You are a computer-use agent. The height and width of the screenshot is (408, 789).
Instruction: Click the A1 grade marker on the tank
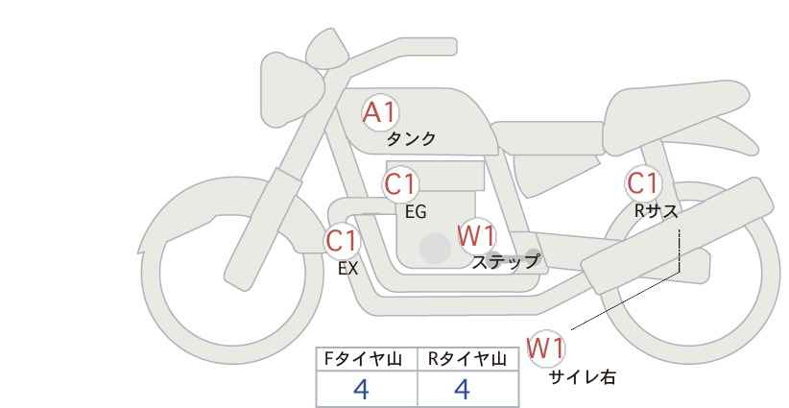pos(380,112)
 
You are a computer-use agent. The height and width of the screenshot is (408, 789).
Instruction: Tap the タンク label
pos(411,138)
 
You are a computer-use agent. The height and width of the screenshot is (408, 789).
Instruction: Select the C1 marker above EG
pos(400,184)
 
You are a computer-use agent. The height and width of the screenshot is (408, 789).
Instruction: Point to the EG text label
pos(416,212)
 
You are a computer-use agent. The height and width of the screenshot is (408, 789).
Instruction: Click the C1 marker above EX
pos(342,241)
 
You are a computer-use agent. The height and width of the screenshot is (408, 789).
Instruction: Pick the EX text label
pos(347,269)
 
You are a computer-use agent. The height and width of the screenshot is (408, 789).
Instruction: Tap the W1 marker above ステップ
pos(476,236)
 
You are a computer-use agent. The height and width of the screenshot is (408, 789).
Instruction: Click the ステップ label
pos(505,262)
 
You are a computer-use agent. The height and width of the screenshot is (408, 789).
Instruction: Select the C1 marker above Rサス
pos(642,183)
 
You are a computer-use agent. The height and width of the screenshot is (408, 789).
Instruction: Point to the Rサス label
pos(656,211)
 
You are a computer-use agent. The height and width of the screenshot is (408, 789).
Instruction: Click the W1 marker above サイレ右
pos(546,348)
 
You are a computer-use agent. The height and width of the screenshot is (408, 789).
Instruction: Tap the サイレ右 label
pos(583,377)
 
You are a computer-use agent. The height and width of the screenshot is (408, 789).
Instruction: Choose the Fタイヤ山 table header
pos(363,359)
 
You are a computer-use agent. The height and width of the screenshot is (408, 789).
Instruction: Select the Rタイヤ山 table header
pos(466,359)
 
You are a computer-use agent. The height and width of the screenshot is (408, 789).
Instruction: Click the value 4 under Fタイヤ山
pos(361,390)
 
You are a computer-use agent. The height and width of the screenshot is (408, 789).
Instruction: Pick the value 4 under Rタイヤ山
pos(462,390)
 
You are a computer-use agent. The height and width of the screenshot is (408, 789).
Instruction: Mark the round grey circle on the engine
pos(435,248)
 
